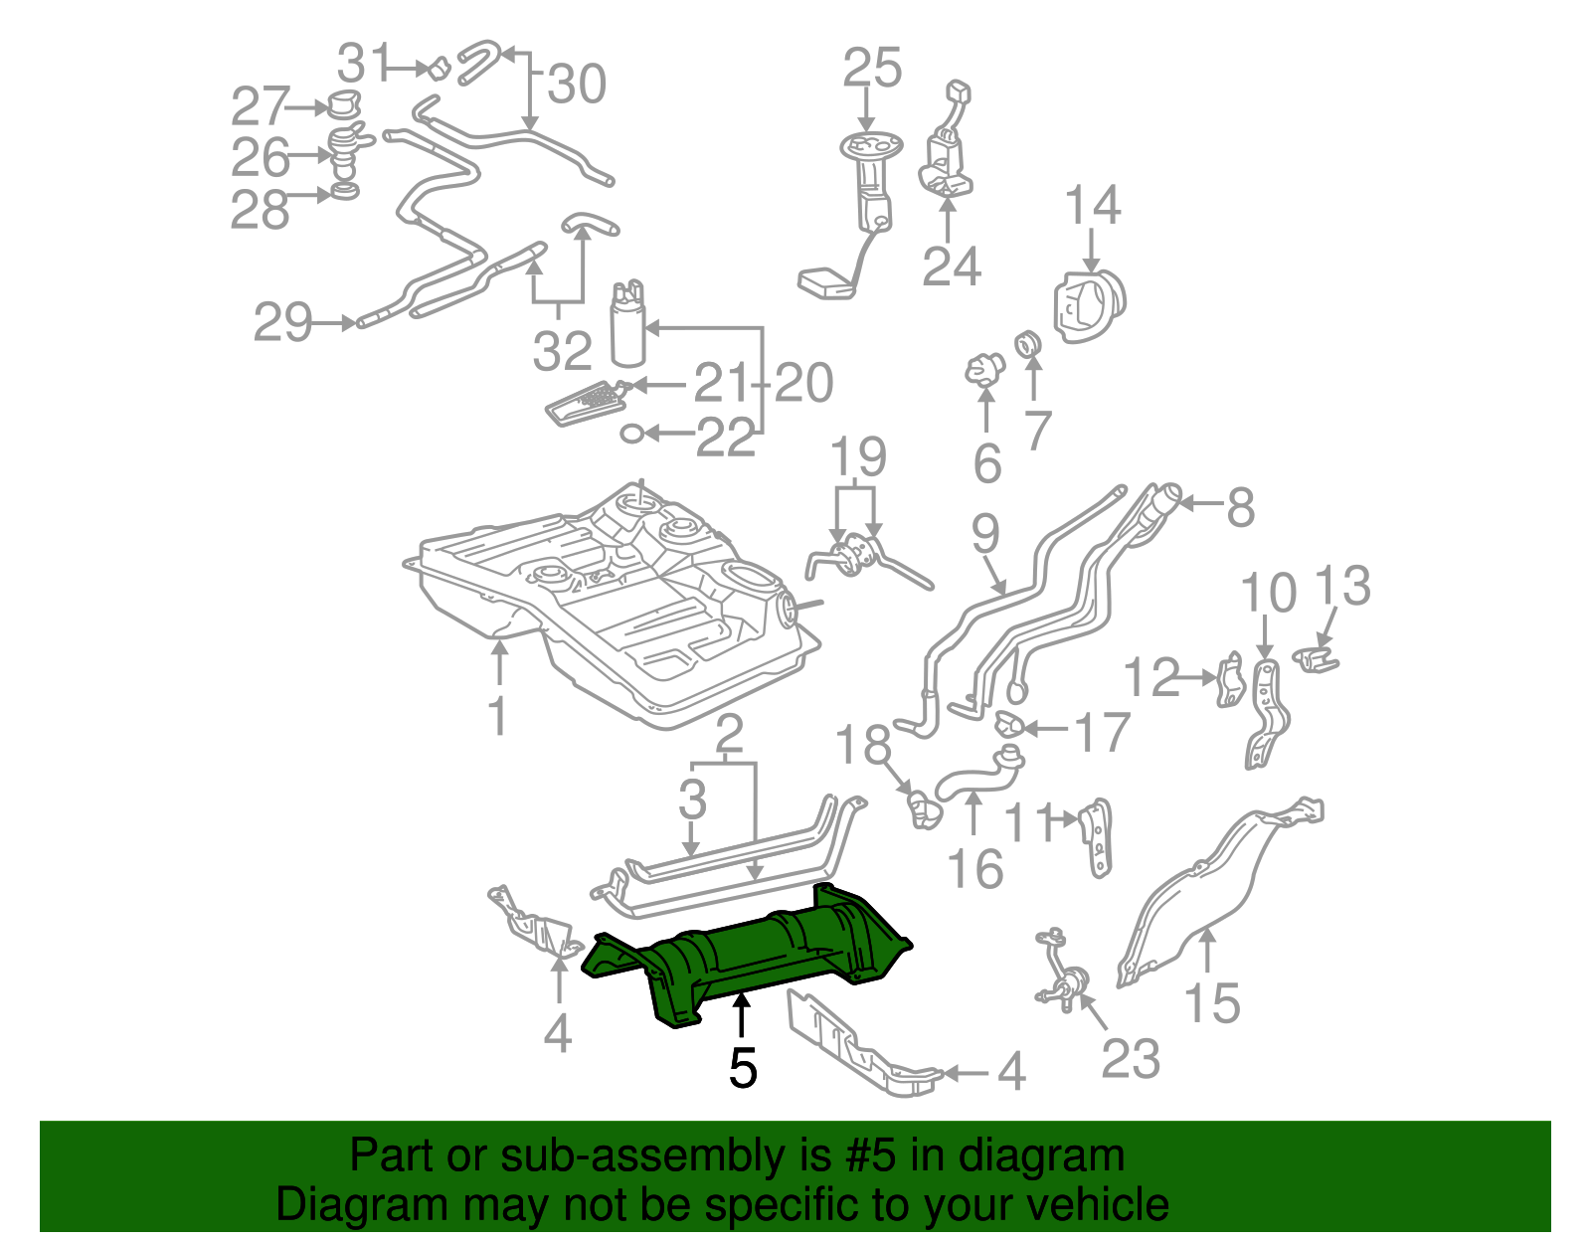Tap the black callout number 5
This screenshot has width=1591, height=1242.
coord(743,1067)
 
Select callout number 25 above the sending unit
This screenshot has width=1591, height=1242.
coord(872,69)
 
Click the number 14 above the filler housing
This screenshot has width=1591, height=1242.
coord(1092,206)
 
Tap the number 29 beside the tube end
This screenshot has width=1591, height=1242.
coord(282,322)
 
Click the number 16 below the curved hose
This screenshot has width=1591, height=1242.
coord(975,869)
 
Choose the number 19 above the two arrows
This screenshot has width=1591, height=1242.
coord(858,456)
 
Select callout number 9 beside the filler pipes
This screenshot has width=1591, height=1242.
coord(984,534)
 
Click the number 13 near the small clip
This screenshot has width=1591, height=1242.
coord(1342,587)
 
